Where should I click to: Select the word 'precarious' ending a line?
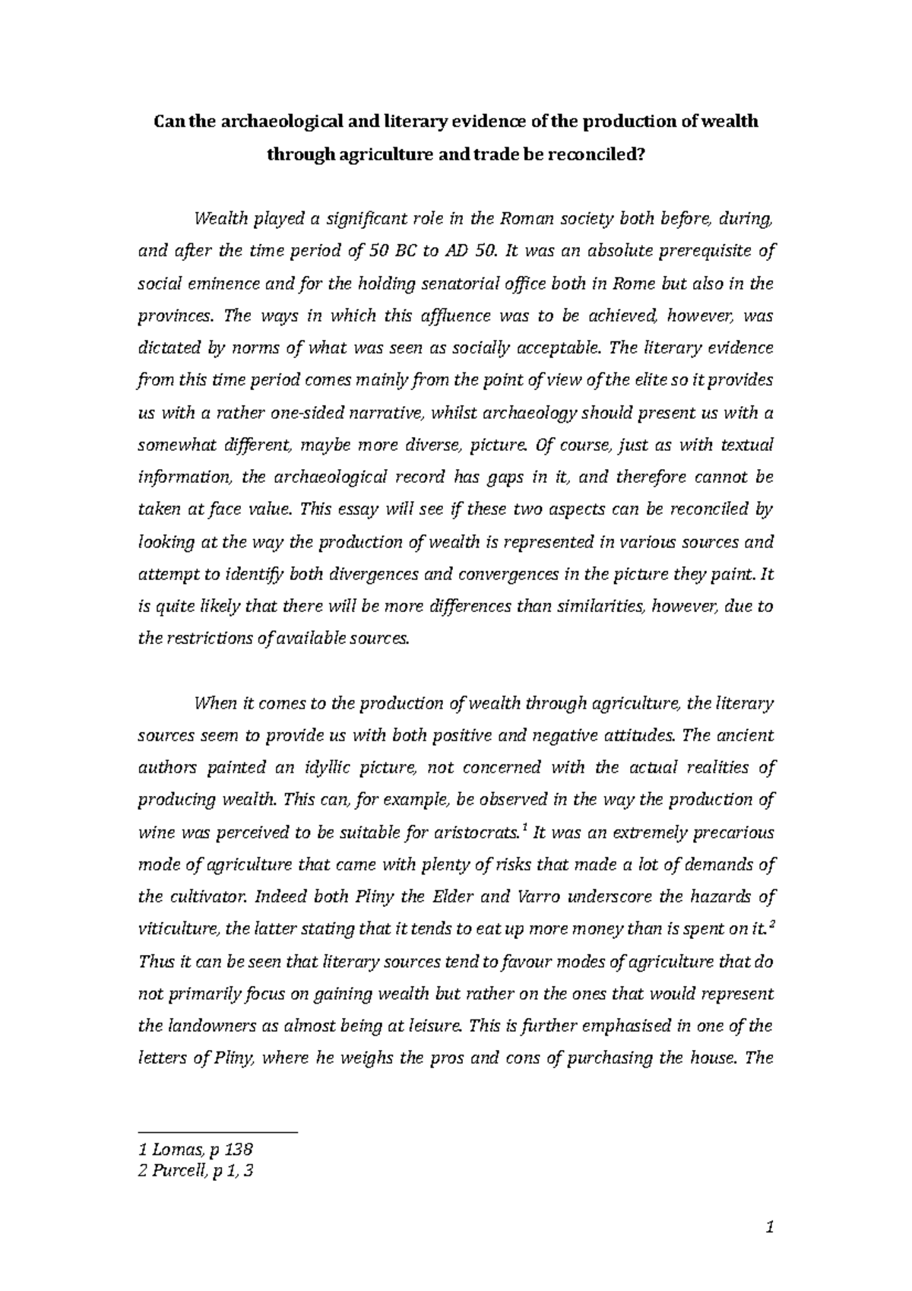(736, 833)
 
